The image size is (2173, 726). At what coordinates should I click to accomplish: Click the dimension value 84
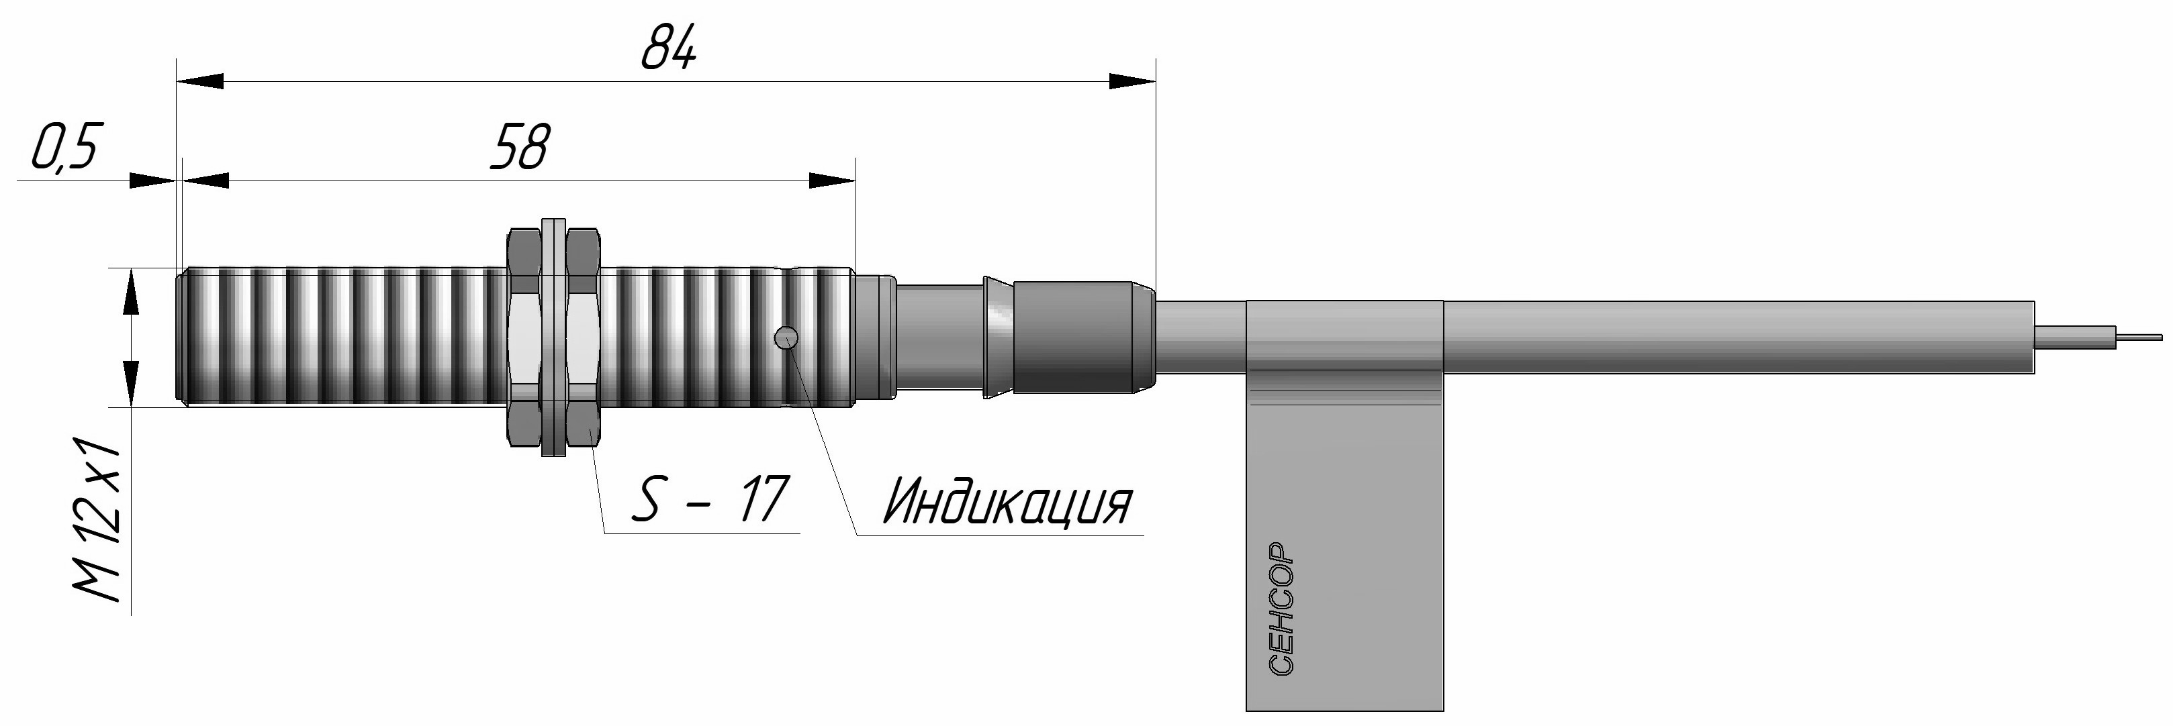tap(669, 50)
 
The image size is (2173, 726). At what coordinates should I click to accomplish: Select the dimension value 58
tap(520, 147)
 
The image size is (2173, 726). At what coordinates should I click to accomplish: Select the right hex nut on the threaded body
tap(584, 338)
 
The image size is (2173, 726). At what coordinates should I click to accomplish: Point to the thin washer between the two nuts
tap(553, 338)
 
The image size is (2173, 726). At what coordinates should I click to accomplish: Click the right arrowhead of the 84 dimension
tap(1130, 81)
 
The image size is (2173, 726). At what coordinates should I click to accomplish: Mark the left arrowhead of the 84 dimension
tap(200, 81)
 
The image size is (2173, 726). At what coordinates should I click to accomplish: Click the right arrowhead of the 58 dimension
tap(832, 180)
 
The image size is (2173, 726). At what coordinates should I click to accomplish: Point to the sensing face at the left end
tap(180, 338)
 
